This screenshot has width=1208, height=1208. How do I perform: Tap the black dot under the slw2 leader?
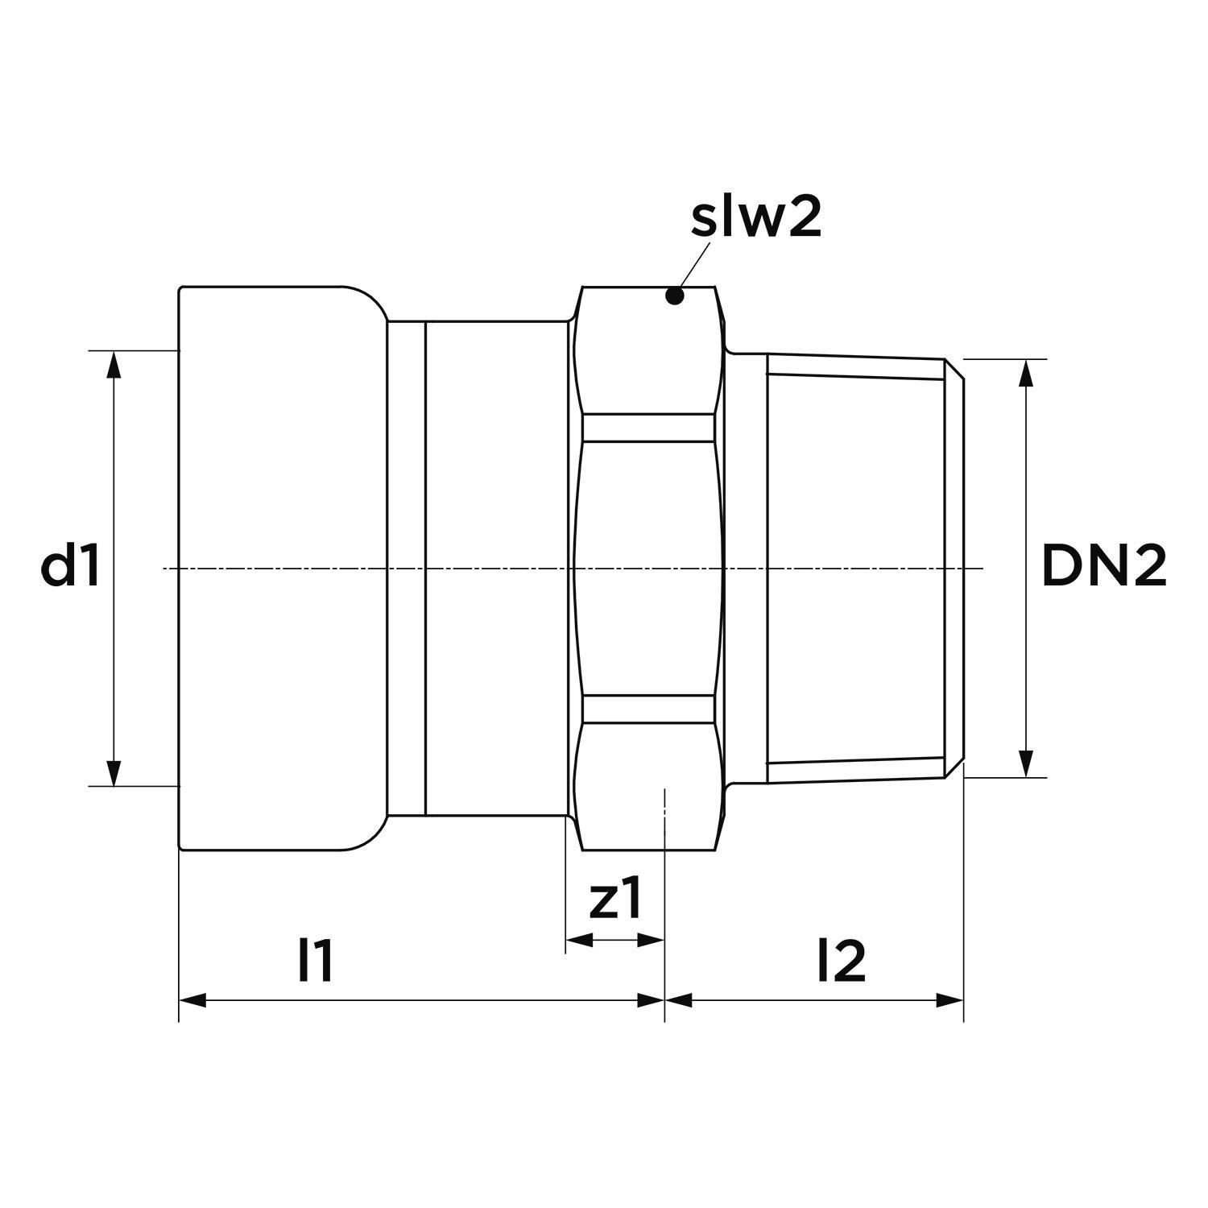click(x=675, y=296)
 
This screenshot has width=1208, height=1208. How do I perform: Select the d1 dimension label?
click(x=71, y=568)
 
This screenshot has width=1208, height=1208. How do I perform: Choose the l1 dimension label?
click(x=315, y=961)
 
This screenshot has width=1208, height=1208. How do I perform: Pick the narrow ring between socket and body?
click(x=406, y=568)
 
